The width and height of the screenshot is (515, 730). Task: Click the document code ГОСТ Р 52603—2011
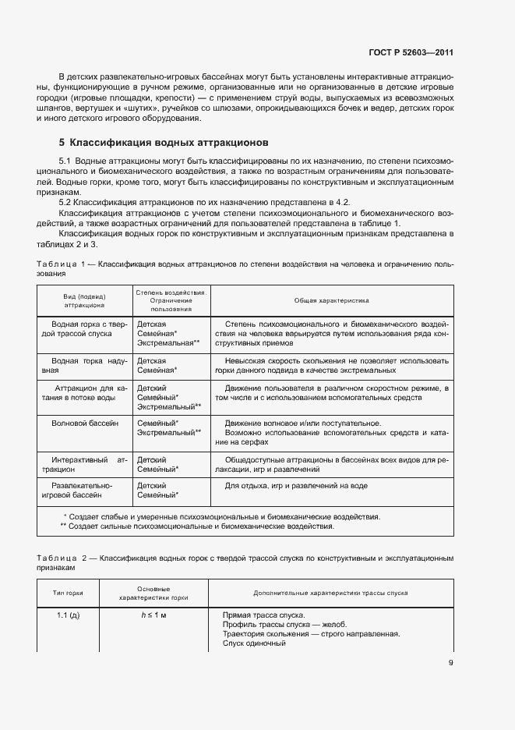click(x=411, y=53)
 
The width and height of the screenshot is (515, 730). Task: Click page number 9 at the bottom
click(x=450, y=664)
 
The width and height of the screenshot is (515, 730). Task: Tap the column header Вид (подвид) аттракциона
click(x=84, y=300)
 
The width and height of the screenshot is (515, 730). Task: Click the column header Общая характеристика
click(x=331, y=300)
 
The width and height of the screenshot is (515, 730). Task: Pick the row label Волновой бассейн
click(x=86, y=423)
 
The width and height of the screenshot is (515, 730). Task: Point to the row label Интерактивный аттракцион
click(x=84, y=465)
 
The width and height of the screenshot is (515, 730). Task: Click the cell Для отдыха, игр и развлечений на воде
click(x=296, y=486)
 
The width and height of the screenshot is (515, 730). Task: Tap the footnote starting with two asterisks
click(x=197, y=526)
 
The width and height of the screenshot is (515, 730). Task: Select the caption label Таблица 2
click(x=59, y=559)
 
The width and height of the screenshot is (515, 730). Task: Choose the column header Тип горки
click(x=68, y=594)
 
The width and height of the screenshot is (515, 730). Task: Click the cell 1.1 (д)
click(x=68, y=615)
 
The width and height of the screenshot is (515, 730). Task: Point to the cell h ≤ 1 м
click(x=154, y=615)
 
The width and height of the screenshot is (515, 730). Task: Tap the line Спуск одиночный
click(x=254, y=643)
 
